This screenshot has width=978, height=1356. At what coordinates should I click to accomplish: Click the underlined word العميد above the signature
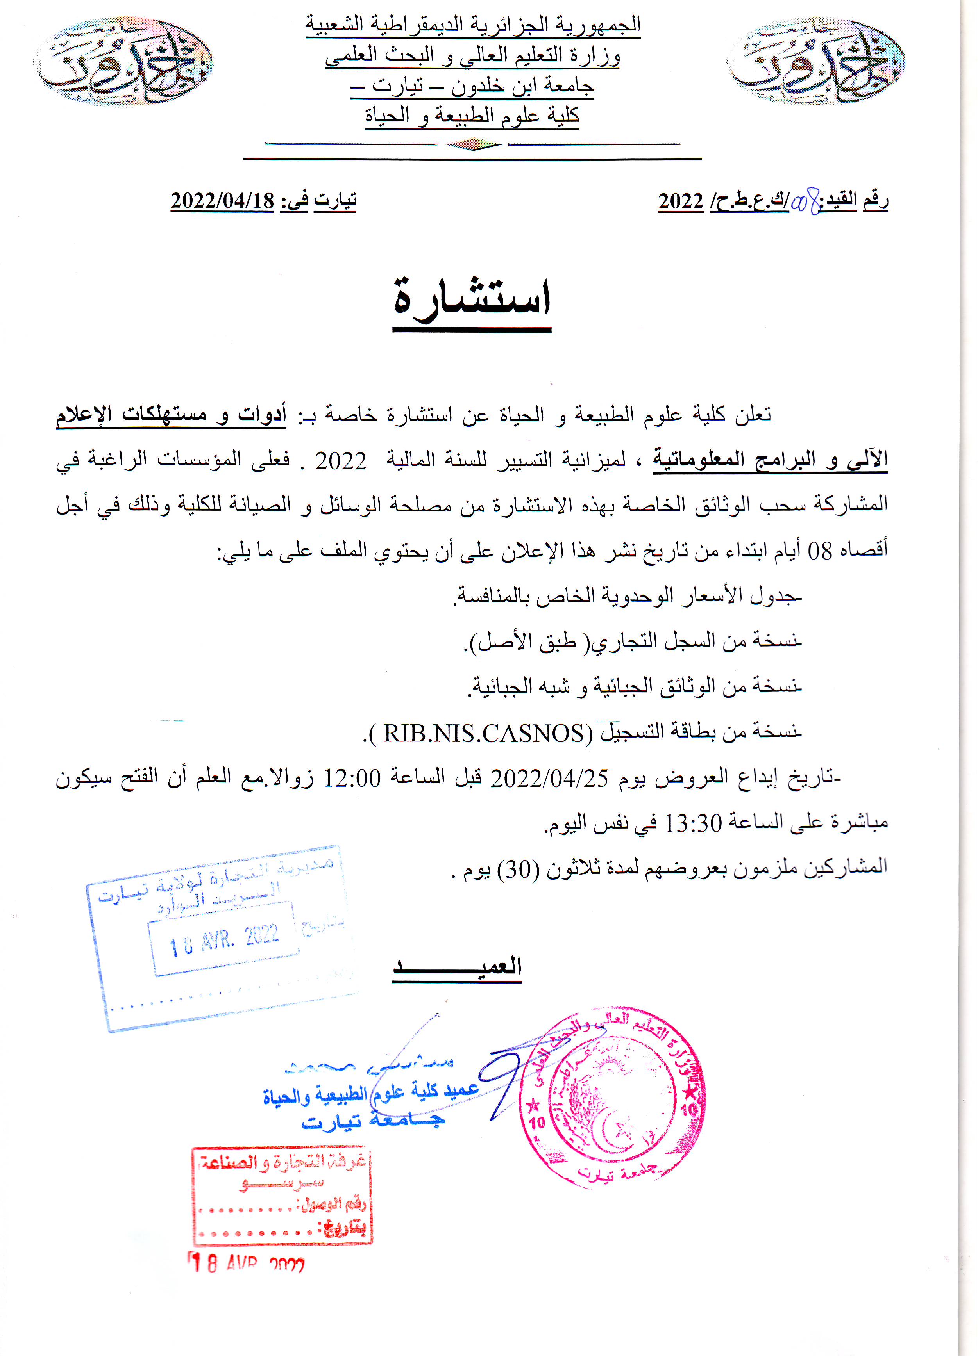[458, 967]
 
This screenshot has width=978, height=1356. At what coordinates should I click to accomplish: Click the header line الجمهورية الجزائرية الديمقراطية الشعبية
[473, 25]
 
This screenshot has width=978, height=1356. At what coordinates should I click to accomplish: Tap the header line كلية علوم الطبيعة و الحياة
[472, 115]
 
